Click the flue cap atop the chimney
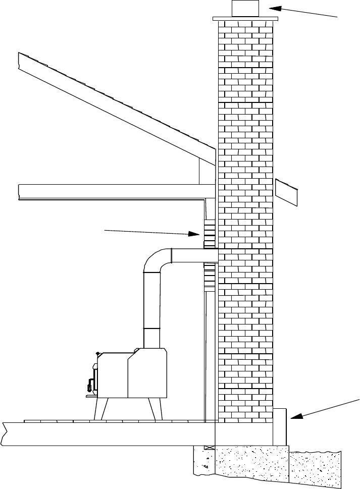pyautogui.click(x=245, y=9)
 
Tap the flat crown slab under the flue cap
pyautogui.click(x=245, y=19)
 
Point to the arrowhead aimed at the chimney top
pyautogui.click(x=273, y=8)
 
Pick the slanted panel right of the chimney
pyautogui.click(x=286, y=192)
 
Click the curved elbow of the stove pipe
pyautogui.click(x=156, y=260)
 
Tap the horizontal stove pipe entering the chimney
pyautogui.click(x=194, y=255)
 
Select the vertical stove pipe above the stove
pyautogui.click(x=151, y=308)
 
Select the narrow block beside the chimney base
pyautogui.click(x=280, y=426)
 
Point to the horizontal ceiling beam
pyautogui.click(x=111, y=191)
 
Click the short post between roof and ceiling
pyautogui.click(x=207, y=172)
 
